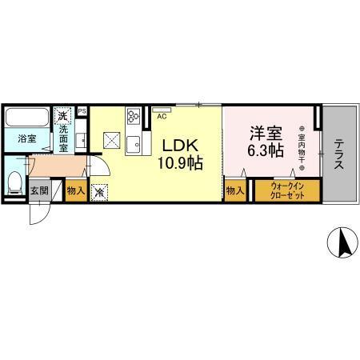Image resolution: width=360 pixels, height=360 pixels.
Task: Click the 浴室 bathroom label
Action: pyautogui.click(x=28, y=138)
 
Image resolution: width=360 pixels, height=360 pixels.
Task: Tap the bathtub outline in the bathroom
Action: pyautogui.click(x=28, y=118)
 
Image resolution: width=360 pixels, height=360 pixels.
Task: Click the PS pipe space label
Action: pyautogui.click(x=82, y=111)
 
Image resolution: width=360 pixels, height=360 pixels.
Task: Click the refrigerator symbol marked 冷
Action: pyautogui.click(x=100, y=192)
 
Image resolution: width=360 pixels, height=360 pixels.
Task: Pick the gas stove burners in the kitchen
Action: pyautogui.click(x=132, y=118)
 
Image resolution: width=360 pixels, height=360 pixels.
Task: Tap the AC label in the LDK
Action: pyautogui.click(x=162, y=116)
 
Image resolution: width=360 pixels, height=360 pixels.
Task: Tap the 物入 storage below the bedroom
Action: pyautogui.click(x=235, y=190)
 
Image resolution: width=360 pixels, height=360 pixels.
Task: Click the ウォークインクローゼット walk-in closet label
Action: pyautogui.click(x=286, y=190)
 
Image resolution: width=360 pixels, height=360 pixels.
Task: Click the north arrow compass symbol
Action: pyautogui.click(x=341, y=243)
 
